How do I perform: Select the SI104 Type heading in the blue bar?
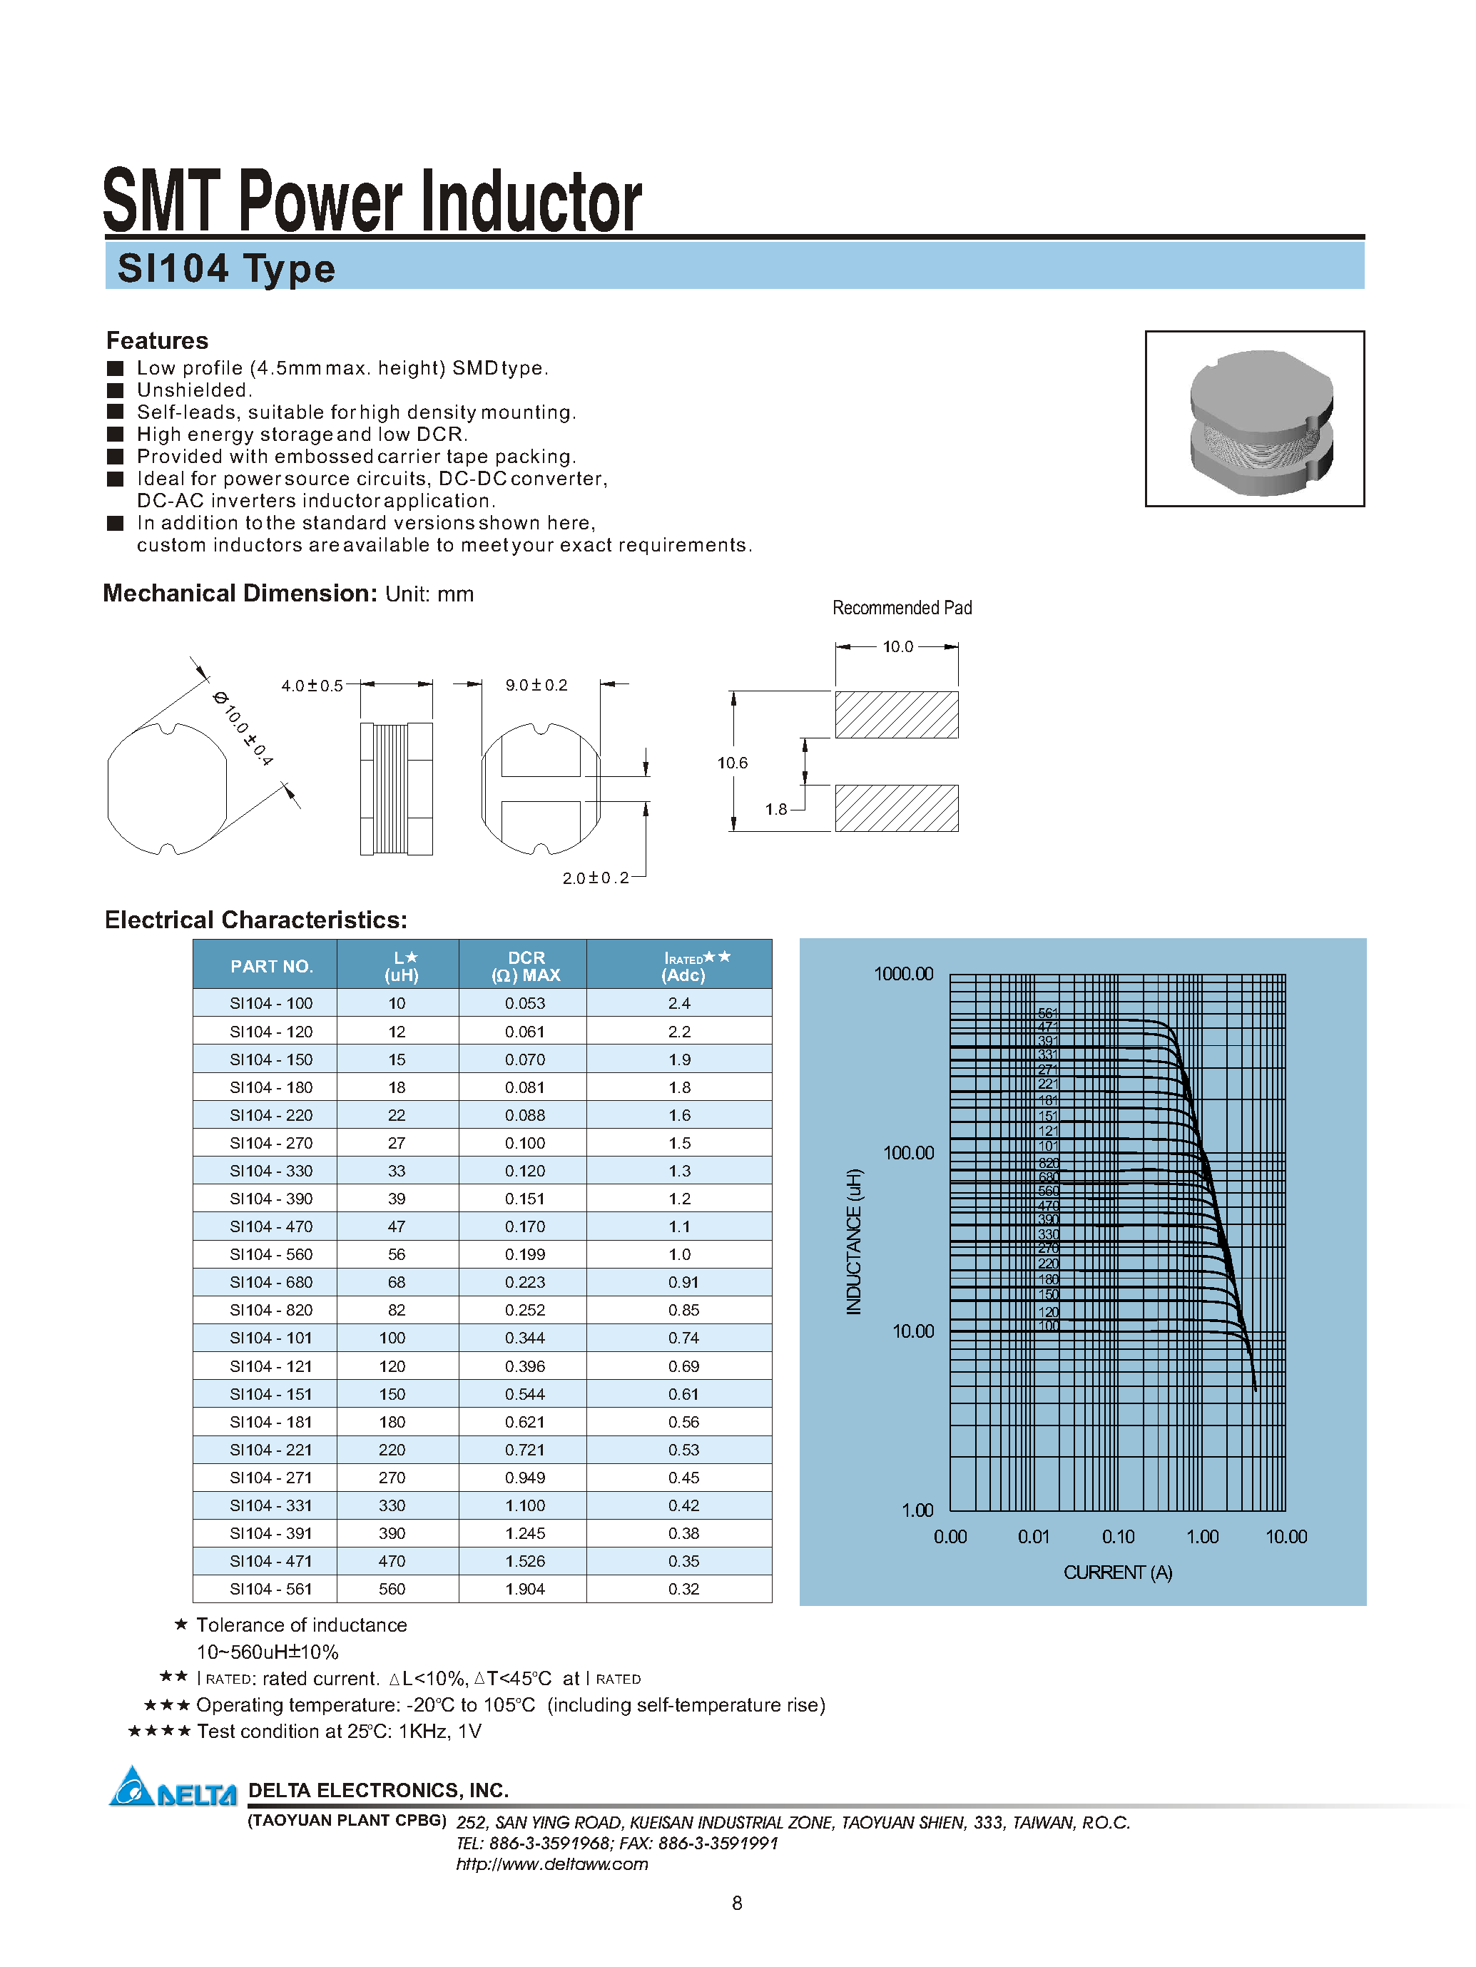click(226, 268)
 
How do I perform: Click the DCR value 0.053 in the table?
click(524, 1003)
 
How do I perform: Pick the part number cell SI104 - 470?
click(270, 1226)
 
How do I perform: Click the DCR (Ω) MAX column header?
click(526, 966)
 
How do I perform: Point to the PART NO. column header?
click(270, 967)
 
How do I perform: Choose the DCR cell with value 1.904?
click(524, 1589)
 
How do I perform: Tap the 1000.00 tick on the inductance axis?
click(903, 974)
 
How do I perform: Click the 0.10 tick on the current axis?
click(1118, 1537)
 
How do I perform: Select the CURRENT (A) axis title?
click(1118, 1572)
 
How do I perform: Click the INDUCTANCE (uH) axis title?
click(854, 1241)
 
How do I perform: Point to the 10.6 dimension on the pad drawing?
click(732, 763)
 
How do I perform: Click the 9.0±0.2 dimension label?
click(536, 685)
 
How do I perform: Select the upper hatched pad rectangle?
click(896, 715)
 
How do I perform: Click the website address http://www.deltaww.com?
click(551, 1864)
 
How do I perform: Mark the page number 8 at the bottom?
click(736, 1903)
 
